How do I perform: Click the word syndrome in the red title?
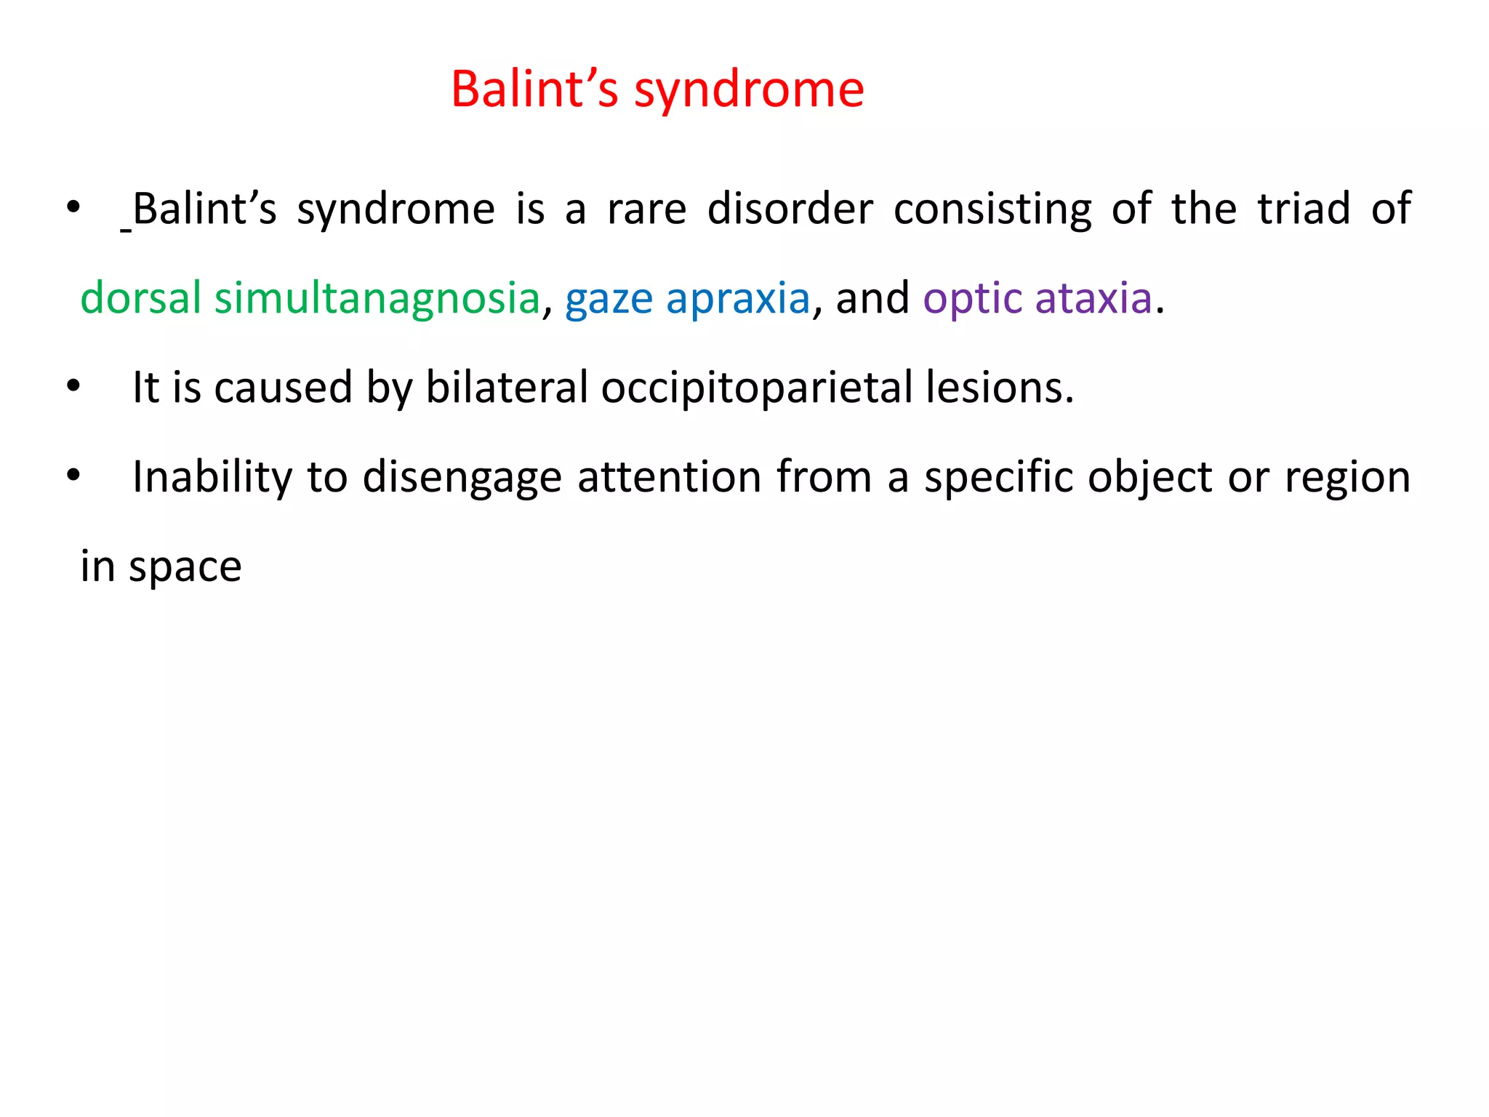point(749,91)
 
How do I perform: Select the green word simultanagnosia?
point(377,298)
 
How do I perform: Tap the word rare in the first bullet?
point(646,210)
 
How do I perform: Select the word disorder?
point(790,209)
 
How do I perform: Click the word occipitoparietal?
point(756,388)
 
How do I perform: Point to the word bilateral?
point(506,387)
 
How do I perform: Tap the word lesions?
point(999,387)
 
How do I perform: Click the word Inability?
point(212,479)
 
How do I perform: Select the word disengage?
point(462,479)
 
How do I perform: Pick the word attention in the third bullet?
point(670,477)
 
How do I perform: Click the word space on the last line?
point(185,568)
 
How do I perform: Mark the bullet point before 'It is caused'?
point(73,386)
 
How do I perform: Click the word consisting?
point(992,210)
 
